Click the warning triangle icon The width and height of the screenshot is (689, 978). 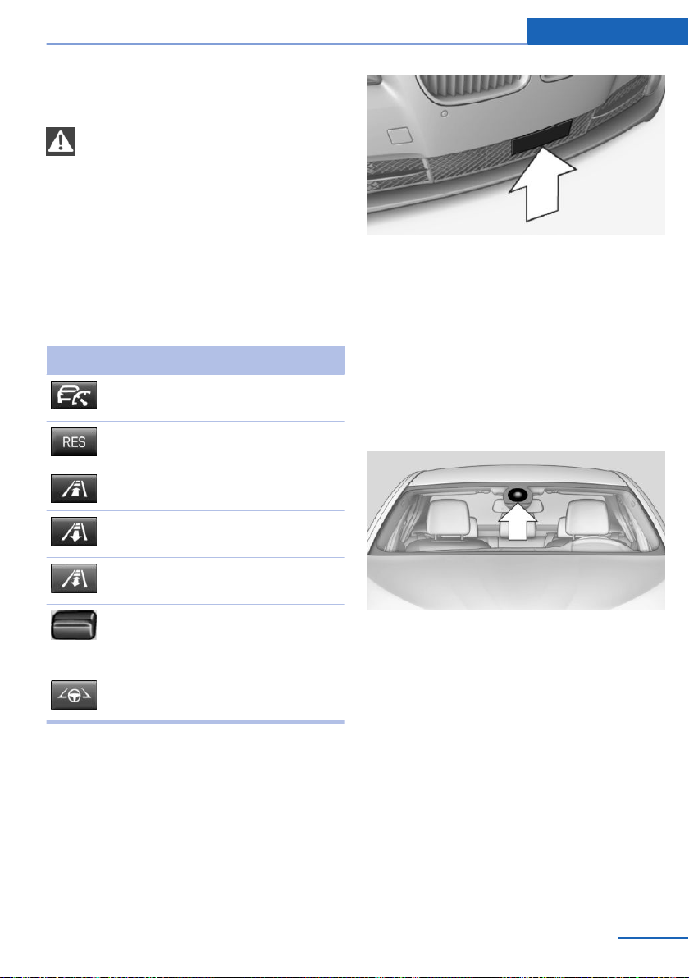pos(60,141)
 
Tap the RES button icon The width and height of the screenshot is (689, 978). pos(74,441)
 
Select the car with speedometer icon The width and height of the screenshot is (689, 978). pos(74,395)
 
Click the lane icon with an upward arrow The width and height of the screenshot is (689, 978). pos(74,488)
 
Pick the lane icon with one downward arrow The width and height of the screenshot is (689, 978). pos(74,532)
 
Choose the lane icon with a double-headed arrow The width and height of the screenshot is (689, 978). pos(74,578)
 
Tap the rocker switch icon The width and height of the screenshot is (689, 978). pos(74,625)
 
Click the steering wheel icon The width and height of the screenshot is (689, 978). pos(74,695)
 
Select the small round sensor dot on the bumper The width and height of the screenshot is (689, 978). pos(444,114)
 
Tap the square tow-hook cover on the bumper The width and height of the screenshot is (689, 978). pos(399,135)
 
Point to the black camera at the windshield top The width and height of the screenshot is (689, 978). pos(518,496)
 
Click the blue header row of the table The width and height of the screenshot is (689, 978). pos(195,360)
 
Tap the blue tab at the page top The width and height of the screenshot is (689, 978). pos(607,31)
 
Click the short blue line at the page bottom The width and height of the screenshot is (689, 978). pos(654,938)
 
